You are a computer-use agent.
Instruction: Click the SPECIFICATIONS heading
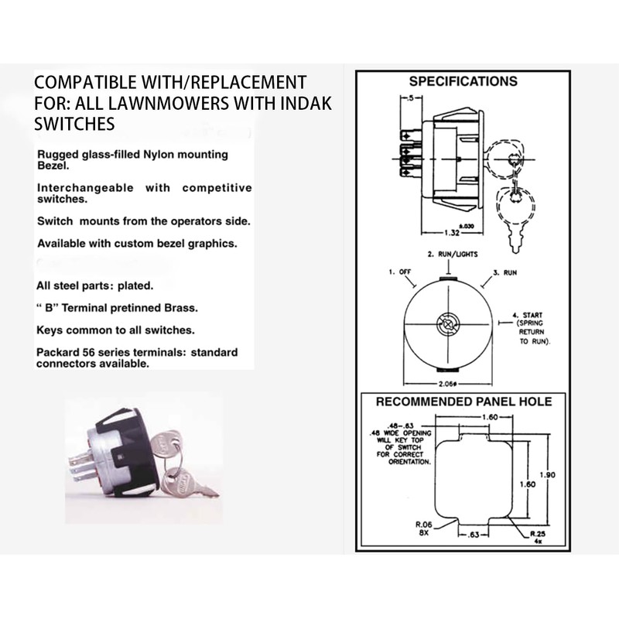(x=463, y=81)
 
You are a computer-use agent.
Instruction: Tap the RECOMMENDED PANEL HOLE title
(x=463, y=402)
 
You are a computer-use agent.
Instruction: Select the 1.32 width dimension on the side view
(x=452, y=233)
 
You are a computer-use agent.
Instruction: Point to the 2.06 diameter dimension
(x=448, y=384)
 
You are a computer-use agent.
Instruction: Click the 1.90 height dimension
(x=547, y=475)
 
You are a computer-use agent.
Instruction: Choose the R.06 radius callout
(x=423, y=528)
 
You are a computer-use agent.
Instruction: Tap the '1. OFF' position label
(x=399, y=272)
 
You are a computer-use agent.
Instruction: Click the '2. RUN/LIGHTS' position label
(x=453, y=255)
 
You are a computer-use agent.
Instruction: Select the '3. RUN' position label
(x=505, y=272)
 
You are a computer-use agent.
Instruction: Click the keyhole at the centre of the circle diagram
(x=448, y=324)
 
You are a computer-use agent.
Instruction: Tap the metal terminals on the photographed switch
(x=82, y=468)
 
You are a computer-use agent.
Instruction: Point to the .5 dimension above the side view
(x=411, y=98)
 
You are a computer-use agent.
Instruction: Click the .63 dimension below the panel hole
(x=474, y=535)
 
